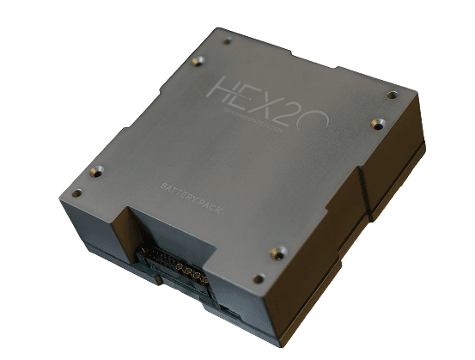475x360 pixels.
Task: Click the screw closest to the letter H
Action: point(198,60)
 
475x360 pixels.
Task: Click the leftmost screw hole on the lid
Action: point(76,192)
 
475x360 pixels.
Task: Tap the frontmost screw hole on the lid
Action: point(259,278)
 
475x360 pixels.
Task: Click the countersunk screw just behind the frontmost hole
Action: point(277,252)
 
